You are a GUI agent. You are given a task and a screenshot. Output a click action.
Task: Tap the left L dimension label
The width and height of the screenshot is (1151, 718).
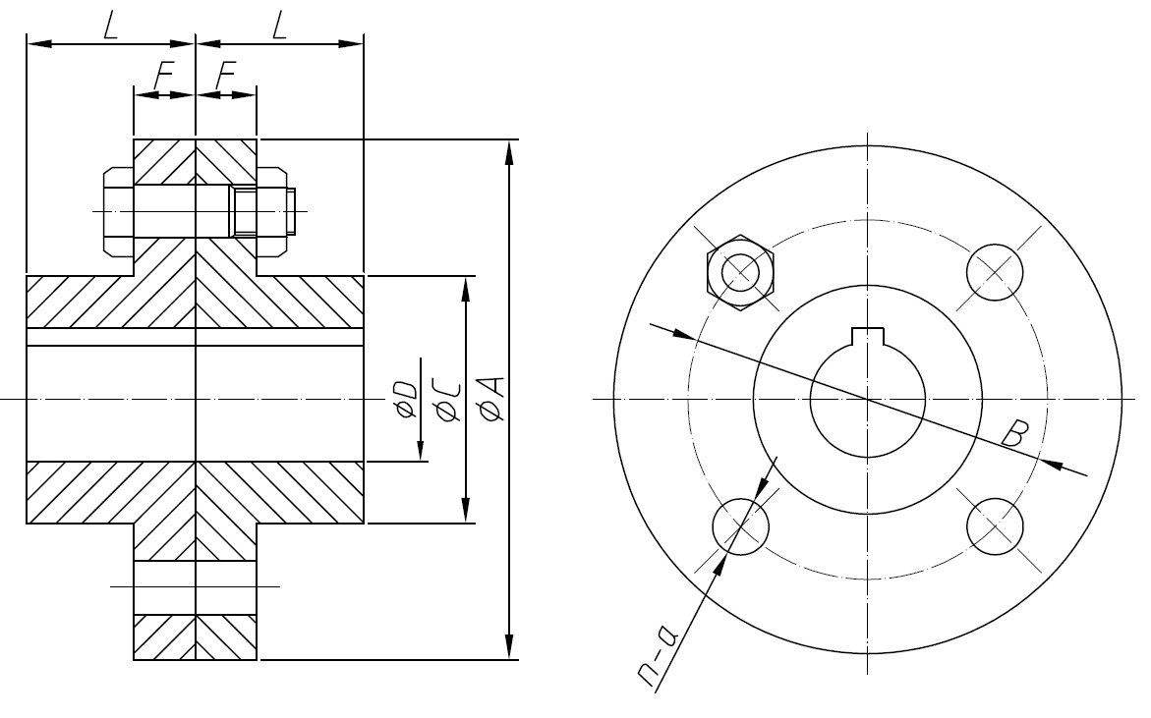110,26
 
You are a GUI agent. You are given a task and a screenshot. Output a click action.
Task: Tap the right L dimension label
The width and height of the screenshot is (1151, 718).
280,26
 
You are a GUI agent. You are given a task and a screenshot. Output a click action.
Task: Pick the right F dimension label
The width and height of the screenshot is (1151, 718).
226,75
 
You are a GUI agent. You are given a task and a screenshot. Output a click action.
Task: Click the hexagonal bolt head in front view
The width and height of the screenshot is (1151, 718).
740,272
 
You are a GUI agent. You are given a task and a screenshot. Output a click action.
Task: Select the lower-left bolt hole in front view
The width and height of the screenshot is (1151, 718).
739,525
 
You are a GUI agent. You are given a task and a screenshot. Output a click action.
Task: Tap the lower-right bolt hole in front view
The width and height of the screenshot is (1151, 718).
995,525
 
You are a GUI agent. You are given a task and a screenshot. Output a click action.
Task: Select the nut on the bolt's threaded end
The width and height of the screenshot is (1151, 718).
272,211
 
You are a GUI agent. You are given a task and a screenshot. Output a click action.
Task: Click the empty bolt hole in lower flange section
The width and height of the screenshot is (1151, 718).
196,586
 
